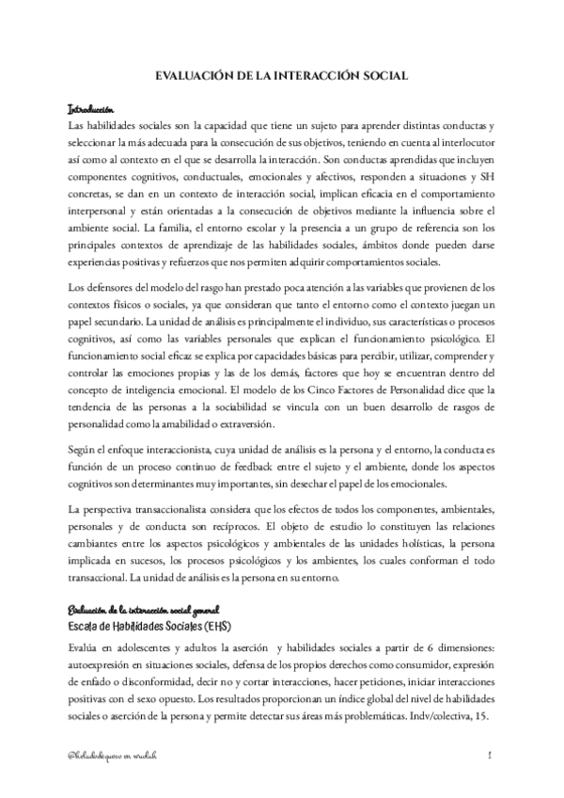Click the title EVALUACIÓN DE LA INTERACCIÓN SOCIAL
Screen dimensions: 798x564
[x=282, y=80]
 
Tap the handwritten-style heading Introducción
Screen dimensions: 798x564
[x=91, y=108]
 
